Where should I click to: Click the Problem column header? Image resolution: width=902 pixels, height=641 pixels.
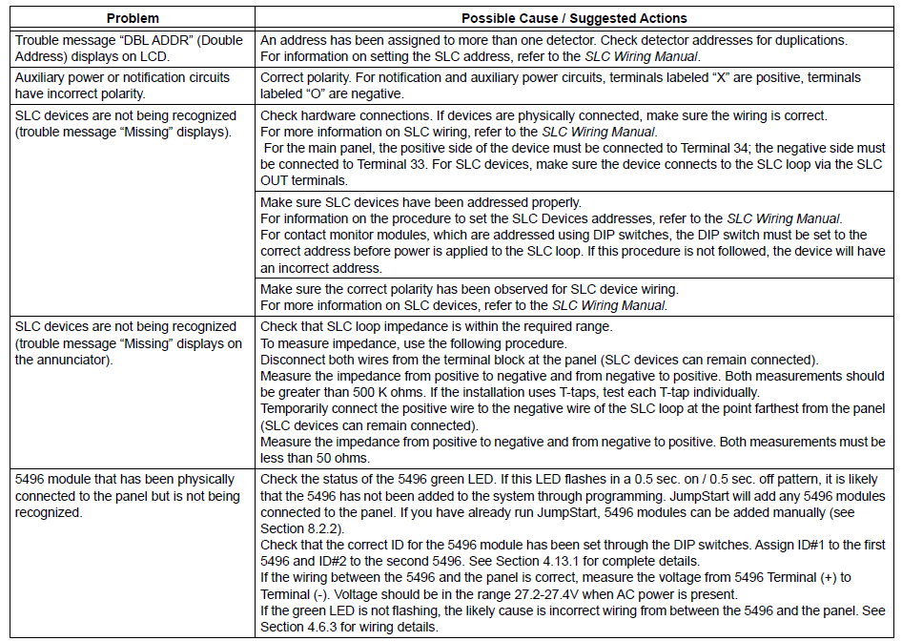click(133, 18)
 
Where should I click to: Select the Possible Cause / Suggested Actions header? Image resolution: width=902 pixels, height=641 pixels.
click(574, 18)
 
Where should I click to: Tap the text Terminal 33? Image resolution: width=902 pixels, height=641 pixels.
click(370, 164)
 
